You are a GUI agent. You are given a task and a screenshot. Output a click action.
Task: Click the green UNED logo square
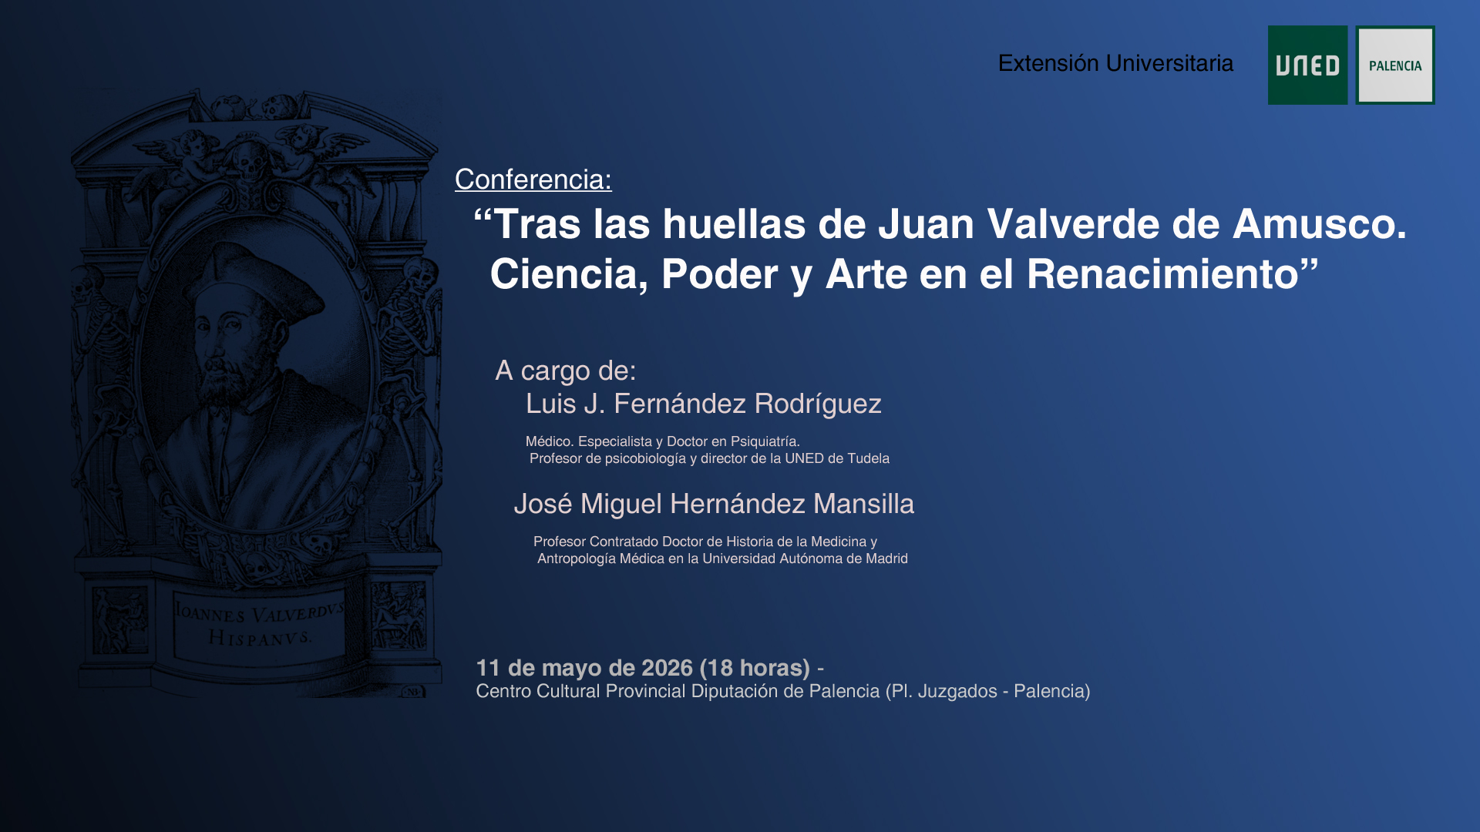(x=1307, y=65)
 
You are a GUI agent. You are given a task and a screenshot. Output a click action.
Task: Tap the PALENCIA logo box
(x=1395, y=65)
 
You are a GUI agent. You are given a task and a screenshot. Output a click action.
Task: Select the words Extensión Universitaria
(x=1115, y=63)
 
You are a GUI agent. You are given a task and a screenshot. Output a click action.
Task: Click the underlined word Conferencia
(x=532, y=179)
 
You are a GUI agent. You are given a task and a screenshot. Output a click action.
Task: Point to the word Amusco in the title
(x=1319, y=224)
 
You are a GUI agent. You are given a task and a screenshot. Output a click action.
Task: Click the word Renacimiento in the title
(x=1162, y=273)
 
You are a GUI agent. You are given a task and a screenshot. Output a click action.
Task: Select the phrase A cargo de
(x=566, y=371)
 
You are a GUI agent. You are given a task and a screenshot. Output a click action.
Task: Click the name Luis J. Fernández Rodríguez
(x=703, y=404)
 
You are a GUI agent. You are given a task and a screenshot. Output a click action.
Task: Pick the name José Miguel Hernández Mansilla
(x=714, y=504)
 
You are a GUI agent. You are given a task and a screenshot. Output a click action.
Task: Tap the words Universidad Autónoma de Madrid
(x=805, y=559)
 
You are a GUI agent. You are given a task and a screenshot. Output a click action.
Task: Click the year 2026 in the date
(x=667, y=668)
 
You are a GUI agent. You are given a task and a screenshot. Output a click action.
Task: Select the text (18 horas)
(x=755, y=668)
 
